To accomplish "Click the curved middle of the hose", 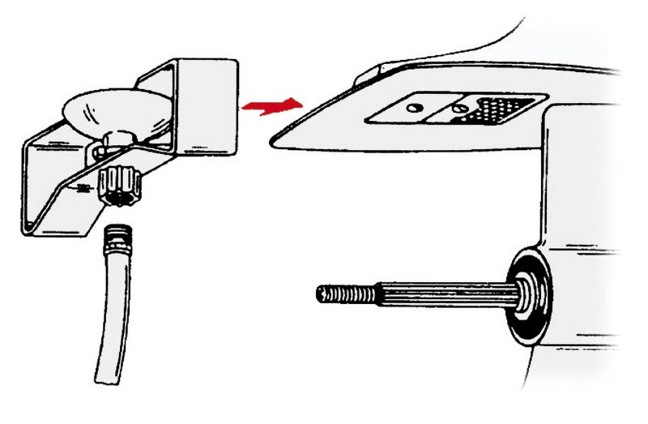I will (x=114, y=308).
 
